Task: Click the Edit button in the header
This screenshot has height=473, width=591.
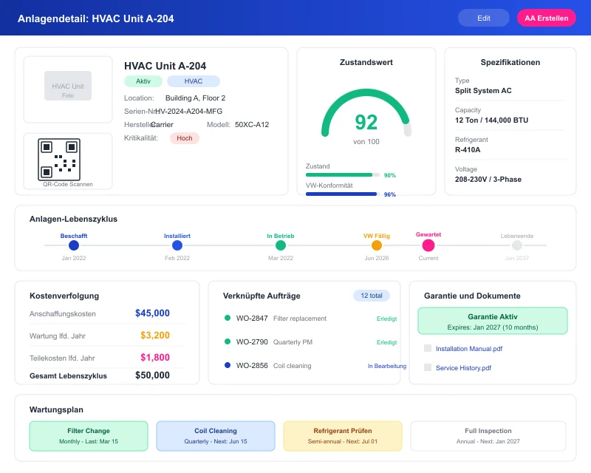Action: (483, 18)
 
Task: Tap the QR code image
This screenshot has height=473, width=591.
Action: (59, 159)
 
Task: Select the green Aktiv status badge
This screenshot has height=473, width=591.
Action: (143, 81)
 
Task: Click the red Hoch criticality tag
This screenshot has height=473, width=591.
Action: (184, 138)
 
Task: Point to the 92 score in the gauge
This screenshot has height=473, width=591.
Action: (366, 122)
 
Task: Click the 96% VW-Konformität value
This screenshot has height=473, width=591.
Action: (390, 194)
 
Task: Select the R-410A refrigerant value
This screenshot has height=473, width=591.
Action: (468, 149)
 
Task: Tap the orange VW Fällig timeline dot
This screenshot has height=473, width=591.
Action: (377, 245)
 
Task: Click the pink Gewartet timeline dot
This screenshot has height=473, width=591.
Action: (428, 244)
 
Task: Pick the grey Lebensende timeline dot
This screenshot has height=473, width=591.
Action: (517, 245)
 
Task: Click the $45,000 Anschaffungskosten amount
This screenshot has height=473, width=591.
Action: (152, 313)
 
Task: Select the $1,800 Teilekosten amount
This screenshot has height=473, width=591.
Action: (155, 358)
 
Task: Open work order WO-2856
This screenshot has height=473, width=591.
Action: (252, 366)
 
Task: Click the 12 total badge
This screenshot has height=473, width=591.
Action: (371, 296)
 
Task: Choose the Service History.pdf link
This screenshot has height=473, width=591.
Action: (463, 368)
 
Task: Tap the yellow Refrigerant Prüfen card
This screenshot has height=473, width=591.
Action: (343, 436)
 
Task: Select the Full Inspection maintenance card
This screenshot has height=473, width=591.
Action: (488, 436)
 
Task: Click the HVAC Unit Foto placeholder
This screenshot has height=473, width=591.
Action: (68, 86)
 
